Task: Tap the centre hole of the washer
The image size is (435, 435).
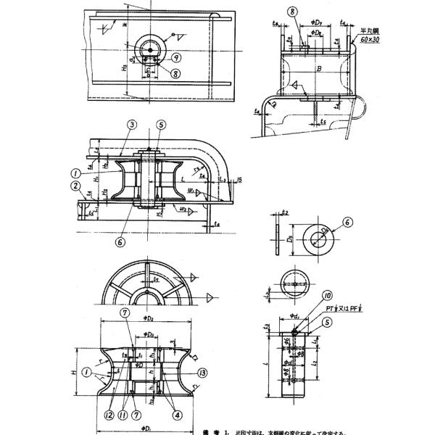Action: [x=318, y=236]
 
